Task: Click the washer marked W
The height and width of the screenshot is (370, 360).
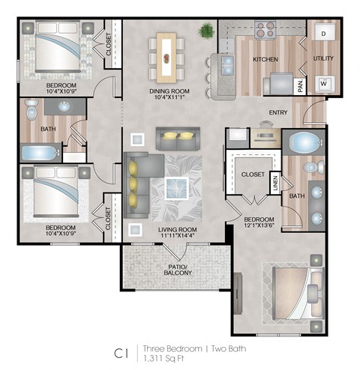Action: (x=324, y=83)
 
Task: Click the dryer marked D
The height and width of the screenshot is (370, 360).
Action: (x=324, y=34)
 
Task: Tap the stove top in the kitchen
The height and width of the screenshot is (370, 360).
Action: (x=264, y=29)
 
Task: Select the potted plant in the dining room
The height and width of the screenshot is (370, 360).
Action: (x=205, y=31)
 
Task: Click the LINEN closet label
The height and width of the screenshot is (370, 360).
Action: (x=274, y=182)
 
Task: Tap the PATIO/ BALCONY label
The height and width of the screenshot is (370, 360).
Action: (x=178, y=270)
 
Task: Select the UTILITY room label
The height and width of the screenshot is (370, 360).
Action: (x=324, y=58)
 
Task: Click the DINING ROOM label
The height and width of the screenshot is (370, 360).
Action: (x=169, y=91)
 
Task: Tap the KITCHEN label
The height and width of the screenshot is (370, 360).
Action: (x=265, y=59)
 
